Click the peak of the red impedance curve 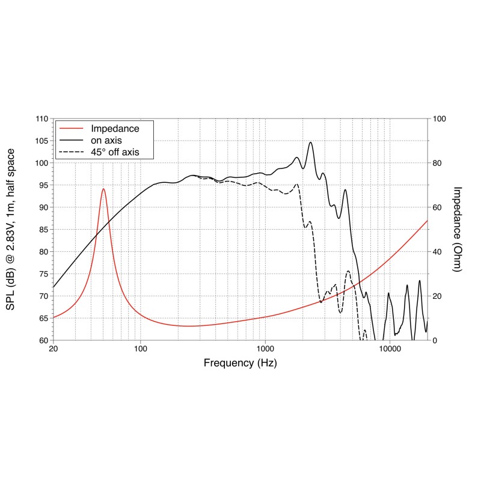[x=103, y=189]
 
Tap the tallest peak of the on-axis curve [x=310, y=142]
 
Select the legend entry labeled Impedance [x=115, y=129]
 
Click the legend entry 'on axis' [x=106, y=140]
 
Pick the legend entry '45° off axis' [x=115, y=152]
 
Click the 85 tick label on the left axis [x=43, y=230]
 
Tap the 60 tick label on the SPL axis [x=43, y=340]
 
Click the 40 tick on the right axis [x=437, y=252]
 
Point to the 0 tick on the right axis [x=434, y=340]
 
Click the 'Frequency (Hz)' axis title [x=240, y=363]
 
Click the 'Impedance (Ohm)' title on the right [x=457, y=230]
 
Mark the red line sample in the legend [x=71, y=129]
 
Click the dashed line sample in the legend [x=71, y=152]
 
